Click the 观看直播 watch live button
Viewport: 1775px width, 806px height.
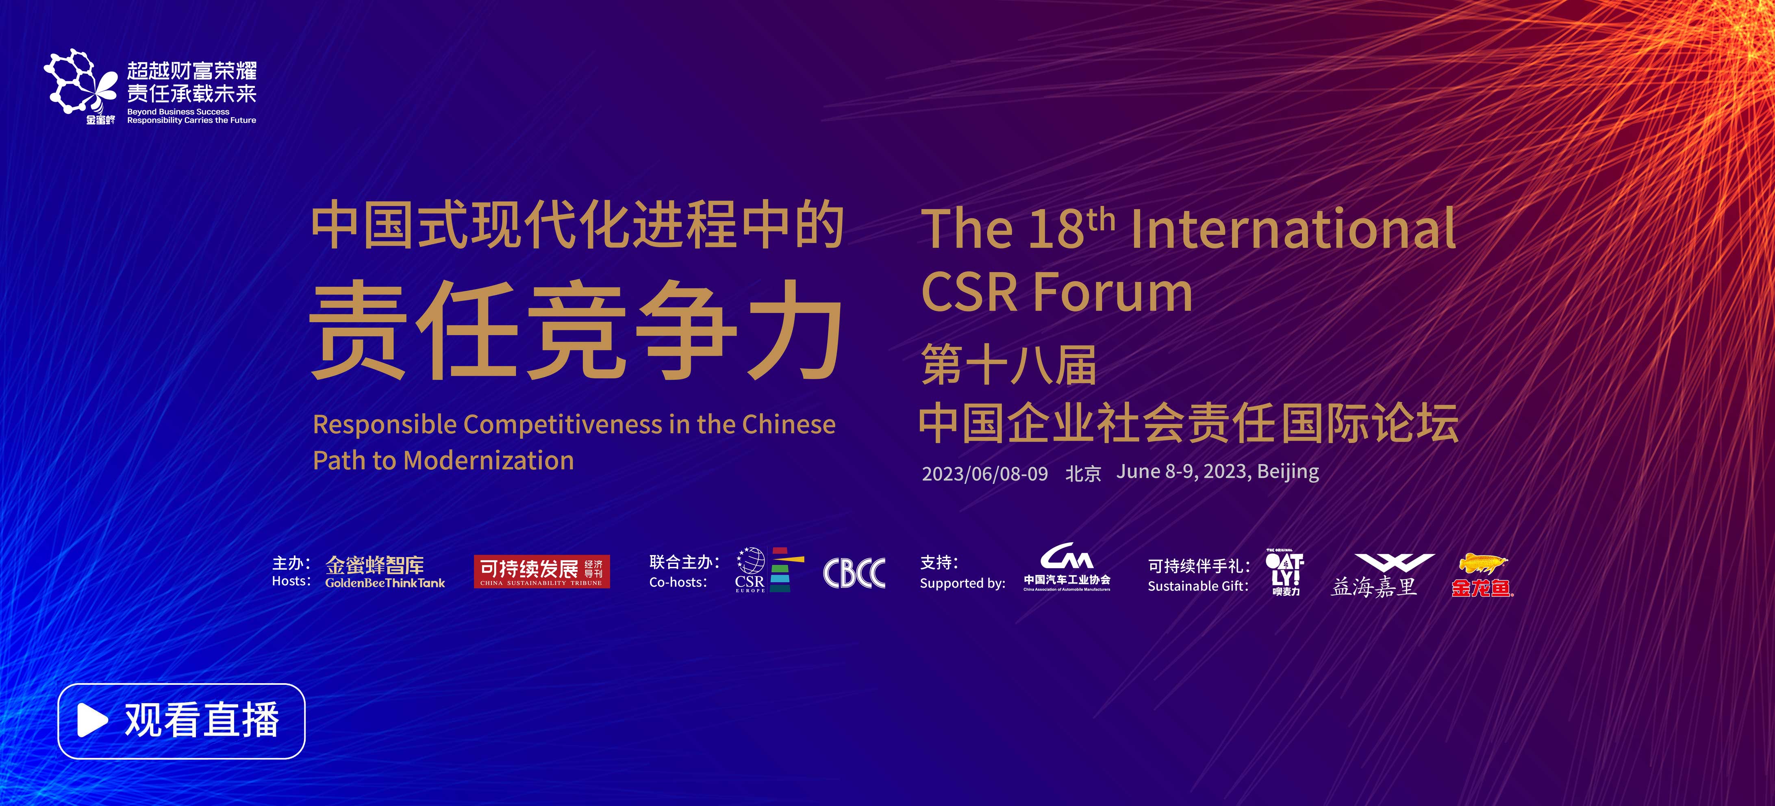[x=181, y=721]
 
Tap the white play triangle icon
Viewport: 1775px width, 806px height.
[x=92, y=721]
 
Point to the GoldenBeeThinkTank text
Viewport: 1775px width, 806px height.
[x=385, y=583]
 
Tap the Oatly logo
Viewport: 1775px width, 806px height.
[x=1285, y=572]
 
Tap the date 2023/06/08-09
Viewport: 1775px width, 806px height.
[x=985, y=474]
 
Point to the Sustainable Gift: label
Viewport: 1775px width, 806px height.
[x=1198, y=586]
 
